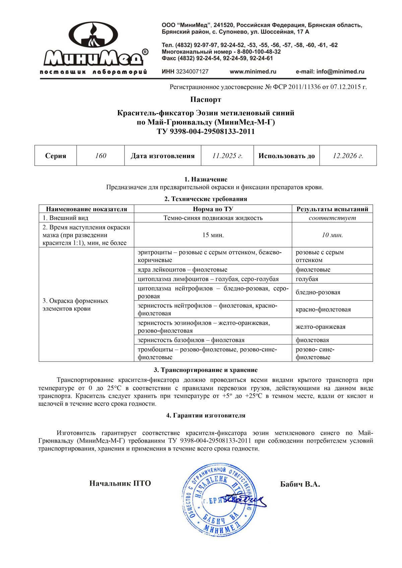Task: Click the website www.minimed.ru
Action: [x=253, y=72]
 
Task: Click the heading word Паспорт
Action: [x=206, y=99]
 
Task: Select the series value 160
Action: [x=100, y=156]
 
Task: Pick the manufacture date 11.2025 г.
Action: [x=227, y=156]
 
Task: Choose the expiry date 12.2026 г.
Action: [x=348, y=156]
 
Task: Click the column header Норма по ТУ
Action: [x=213, y=209]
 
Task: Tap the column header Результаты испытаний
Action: [x=332, y=209]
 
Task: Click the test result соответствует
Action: [x=332, y=218]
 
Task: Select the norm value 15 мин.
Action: [x=213, y=235]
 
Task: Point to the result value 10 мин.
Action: [x=332, y=235]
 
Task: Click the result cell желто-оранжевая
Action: [x=321, y=327]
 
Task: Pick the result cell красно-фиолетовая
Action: [x=323, y=309]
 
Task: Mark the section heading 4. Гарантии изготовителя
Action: [x=206, y=415]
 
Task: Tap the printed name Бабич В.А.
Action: [x=300, y=484]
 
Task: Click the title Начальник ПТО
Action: [x=120, y=483]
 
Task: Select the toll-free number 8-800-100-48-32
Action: [x=259, y=52]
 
